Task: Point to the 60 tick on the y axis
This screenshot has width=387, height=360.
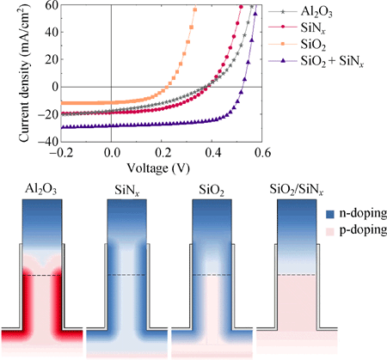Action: [x=50, y=5]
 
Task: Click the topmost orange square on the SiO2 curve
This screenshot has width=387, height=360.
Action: [x=195, y=9]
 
